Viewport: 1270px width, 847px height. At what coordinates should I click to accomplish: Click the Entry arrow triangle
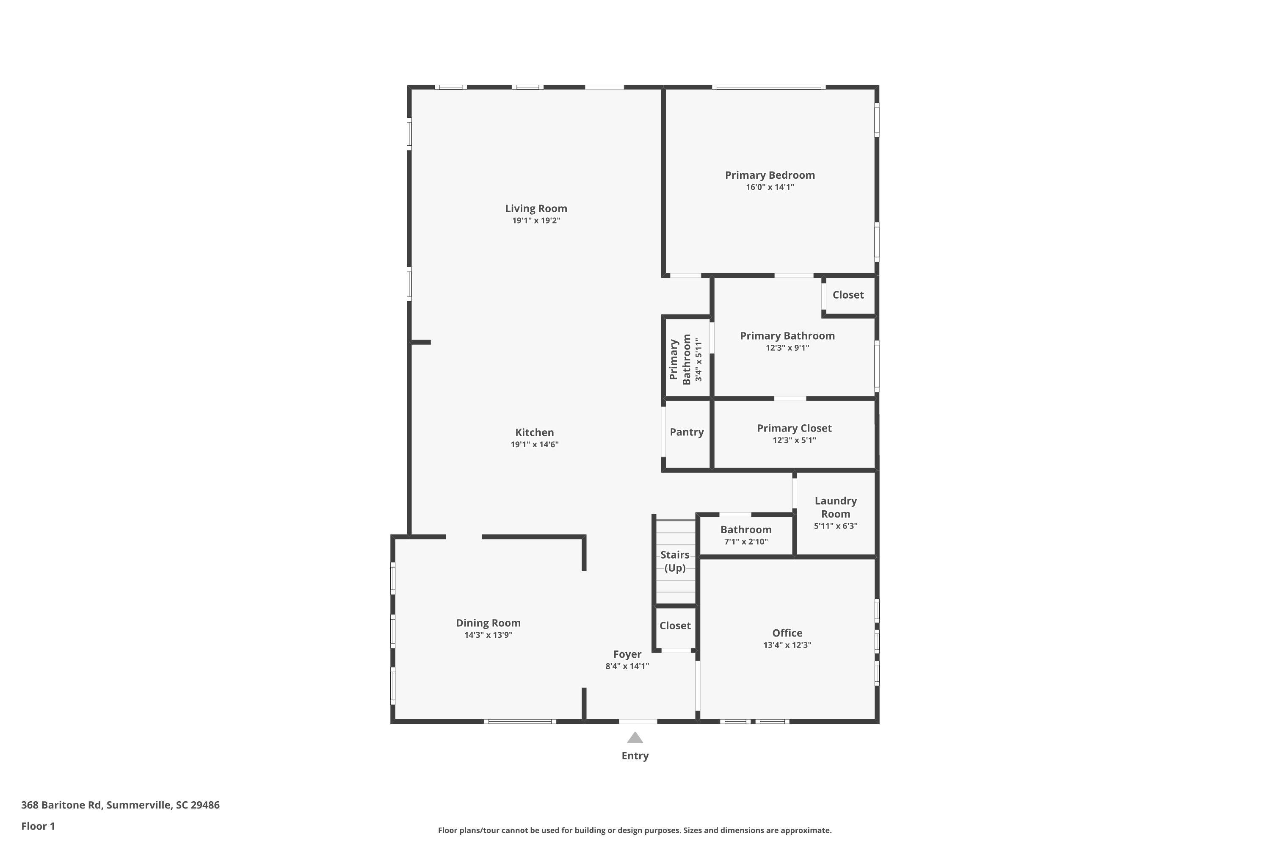point(635,738)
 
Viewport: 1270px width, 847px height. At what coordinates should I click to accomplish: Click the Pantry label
point(686,432)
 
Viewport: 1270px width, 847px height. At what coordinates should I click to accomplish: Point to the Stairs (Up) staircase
point(675,562)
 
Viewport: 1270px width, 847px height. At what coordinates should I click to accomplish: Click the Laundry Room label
point(835,507)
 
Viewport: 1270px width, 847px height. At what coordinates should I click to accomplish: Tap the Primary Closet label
point(794,428)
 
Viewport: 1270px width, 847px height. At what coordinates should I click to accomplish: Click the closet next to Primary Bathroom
point(848,295)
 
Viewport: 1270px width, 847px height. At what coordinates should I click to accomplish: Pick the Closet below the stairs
point(675,626)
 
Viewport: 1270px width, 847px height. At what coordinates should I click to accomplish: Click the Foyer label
point(627,654)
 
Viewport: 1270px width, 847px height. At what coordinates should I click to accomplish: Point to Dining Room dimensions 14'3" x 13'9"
point(488,635)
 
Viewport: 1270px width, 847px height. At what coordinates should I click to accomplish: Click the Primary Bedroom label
point(770,175)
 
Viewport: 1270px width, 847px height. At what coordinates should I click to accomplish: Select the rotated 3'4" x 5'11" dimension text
point(699,360)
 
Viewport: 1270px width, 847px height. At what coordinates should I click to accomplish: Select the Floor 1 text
point(38,826)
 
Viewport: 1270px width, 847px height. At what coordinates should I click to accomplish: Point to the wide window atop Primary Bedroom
point(768,87)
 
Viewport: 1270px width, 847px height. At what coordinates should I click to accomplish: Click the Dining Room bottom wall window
point(519,721)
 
